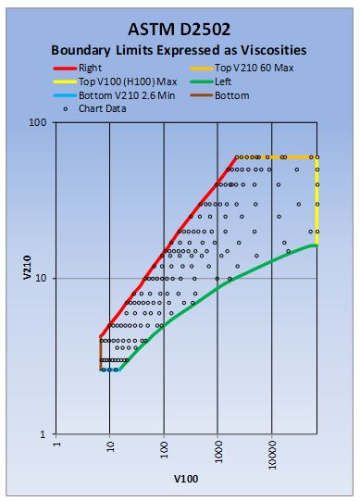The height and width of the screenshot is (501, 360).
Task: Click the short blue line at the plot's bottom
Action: coord(110,369)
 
